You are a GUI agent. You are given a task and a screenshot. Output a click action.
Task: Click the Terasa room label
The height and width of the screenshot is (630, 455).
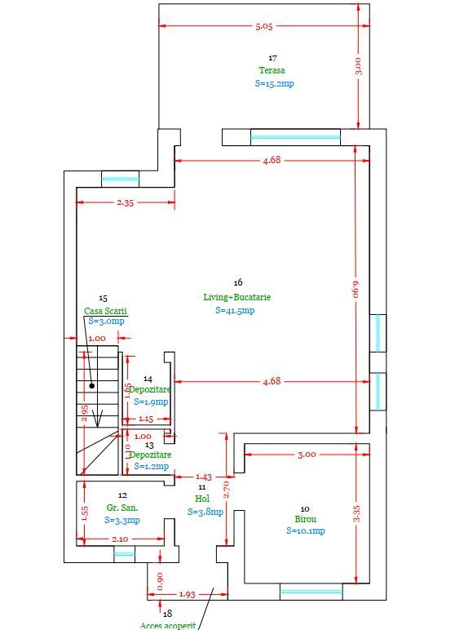point(272,70)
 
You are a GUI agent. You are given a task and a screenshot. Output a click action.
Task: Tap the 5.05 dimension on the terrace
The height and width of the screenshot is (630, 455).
point(264,27)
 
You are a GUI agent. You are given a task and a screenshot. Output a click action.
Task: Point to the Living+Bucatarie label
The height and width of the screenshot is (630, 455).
point(236,297)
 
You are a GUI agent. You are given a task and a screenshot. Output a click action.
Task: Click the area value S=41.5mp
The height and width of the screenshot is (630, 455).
point(236,310)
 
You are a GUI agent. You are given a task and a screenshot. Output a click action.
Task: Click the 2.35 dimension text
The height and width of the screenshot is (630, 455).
point(126,202)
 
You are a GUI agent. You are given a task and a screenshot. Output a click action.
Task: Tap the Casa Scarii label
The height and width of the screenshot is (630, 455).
point(106,311)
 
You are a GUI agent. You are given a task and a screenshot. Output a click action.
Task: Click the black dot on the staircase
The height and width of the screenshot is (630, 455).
point(92,385)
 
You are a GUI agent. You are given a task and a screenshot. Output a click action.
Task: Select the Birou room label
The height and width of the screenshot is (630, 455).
point(306,518)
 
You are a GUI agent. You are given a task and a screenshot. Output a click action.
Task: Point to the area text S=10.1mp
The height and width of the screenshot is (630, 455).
point(306,531)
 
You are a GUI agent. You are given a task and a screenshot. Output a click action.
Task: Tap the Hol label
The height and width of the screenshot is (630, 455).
point(201,499)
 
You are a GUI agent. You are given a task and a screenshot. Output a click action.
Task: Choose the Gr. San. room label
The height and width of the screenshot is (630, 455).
point(121,507)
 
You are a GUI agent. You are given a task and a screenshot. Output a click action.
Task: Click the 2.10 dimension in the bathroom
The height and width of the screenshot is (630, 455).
point(119,539)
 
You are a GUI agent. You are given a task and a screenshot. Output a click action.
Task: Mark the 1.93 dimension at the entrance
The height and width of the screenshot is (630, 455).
point(186,594)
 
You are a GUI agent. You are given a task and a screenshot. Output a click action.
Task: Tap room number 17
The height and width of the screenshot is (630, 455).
point(272,58)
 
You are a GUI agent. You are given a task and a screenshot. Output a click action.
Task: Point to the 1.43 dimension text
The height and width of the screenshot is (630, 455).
point(203,477)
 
